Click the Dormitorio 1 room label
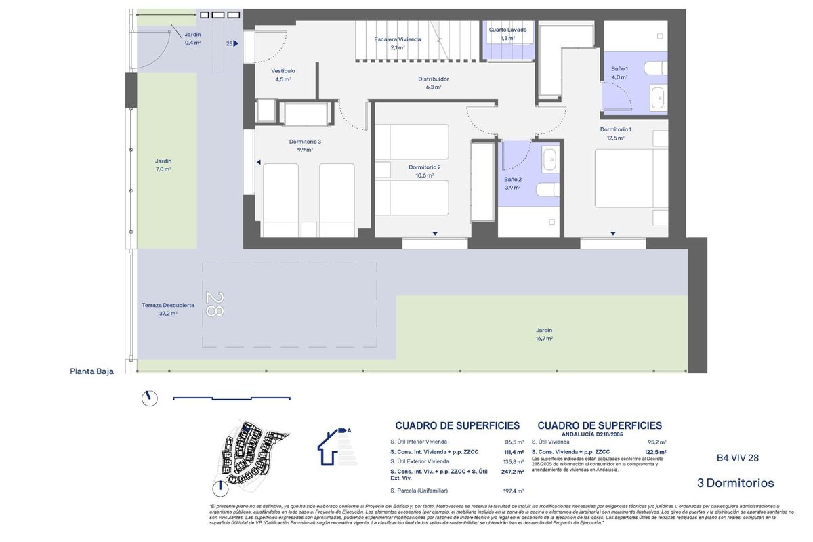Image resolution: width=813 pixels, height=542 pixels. pyautogui.click(x=615, y=129)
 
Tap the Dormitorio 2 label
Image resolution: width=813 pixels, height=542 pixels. pyautogui.click(x=425, y=167)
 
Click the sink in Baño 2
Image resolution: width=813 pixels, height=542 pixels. pyautogui.click(x=550, y=160)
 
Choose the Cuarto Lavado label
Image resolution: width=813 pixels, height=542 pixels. pyautogui.click(x=507, y=30)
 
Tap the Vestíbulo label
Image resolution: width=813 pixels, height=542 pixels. pyautogui.click(x=283, y=71)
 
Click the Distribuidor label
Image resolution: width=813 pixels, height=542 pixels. pyautogui.click(x=433, y=79)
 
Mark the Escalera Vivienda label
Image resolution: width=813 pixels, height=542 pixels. pyautogui.click(x=397, y=39)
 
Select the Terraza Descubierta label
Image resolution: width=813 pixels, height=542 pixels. pyautogui.click(x=168, y=306)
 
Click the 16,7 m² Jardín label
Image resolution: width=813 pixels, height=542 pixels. pyautogui.click(x=543, y=331)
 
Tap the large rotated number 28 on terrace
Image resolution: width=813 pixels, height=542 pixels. pyautogui.click(x=214, y=304)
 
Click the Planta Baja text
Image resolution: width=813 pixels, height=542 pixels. pyautogui.click(x=91, y=371)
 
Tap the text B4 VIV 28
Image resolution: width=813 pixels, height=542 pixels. pyautogui.click(x=738, y=458)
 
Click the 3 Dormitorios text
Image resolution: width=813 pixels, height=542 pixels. pyautogui.click(x=735, y=483)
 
